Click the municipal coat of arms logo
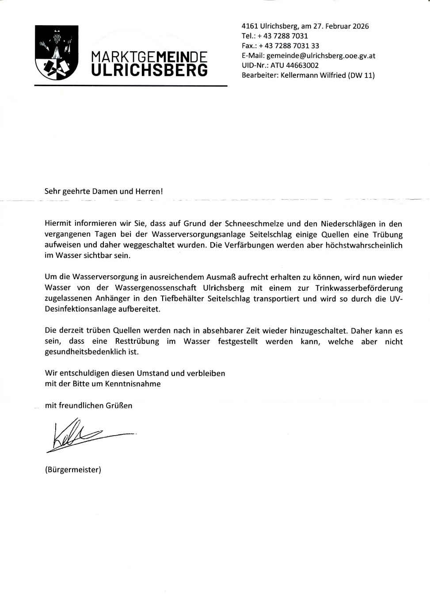(56, 53)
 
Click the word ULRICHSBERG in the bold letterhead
(149, 70)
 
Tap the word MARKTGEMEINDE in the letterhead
(149, 57)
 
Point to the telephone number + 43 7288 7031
(283, 36)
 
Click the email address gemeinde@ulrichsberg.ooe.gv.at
(321, 56)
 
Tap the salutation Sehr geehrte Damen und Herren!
(104, 191)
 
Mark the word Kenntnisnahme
(133, 384)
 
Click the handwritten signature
(84, 437)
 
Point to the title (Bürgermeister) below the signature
(73, 470)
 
